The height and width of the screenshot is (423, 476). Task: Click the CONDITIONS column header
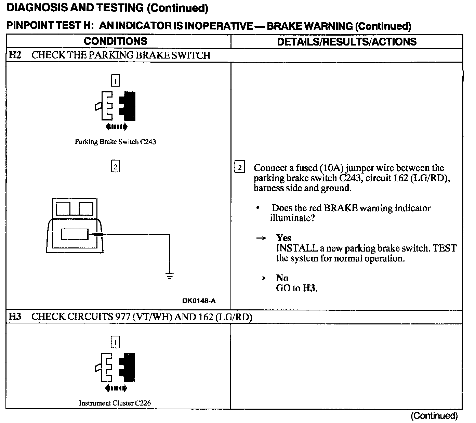115,41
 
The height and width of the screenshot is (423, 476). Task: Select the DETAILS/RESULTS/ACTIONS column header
346,42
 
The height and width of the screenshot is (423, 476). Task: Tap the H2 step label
15,55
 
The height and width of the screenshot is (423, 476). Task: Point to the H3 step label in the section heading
15,317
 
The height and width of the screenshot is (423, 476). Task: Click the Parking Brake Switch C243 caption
115,142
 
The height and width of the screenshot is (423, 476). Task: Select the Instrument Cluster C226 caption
115,403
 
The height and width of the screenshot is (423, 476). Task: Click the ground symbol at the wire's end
170,275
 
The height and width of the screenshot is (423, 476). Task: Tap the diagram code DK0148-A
199,301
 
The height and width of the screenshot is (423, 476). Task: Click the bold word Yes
283,238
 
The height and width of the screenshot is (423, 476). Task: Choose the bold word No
282,278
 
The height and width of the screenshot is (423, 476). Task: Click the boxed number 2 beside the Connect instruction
239,167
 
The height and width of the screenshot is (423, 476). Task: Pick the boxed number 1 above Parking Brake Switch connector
116,81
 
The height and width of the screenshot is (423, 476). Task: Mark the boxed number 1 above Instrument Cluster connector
115,342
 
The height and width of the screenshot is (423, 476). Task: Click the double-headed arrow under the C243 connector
117,127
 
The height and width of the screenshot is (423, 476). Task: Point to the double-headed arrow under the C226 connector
116,388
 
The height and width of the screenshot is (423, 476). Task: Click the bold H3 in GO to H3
309,288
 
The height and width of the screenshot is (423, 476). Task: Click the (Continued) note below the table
434,416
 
